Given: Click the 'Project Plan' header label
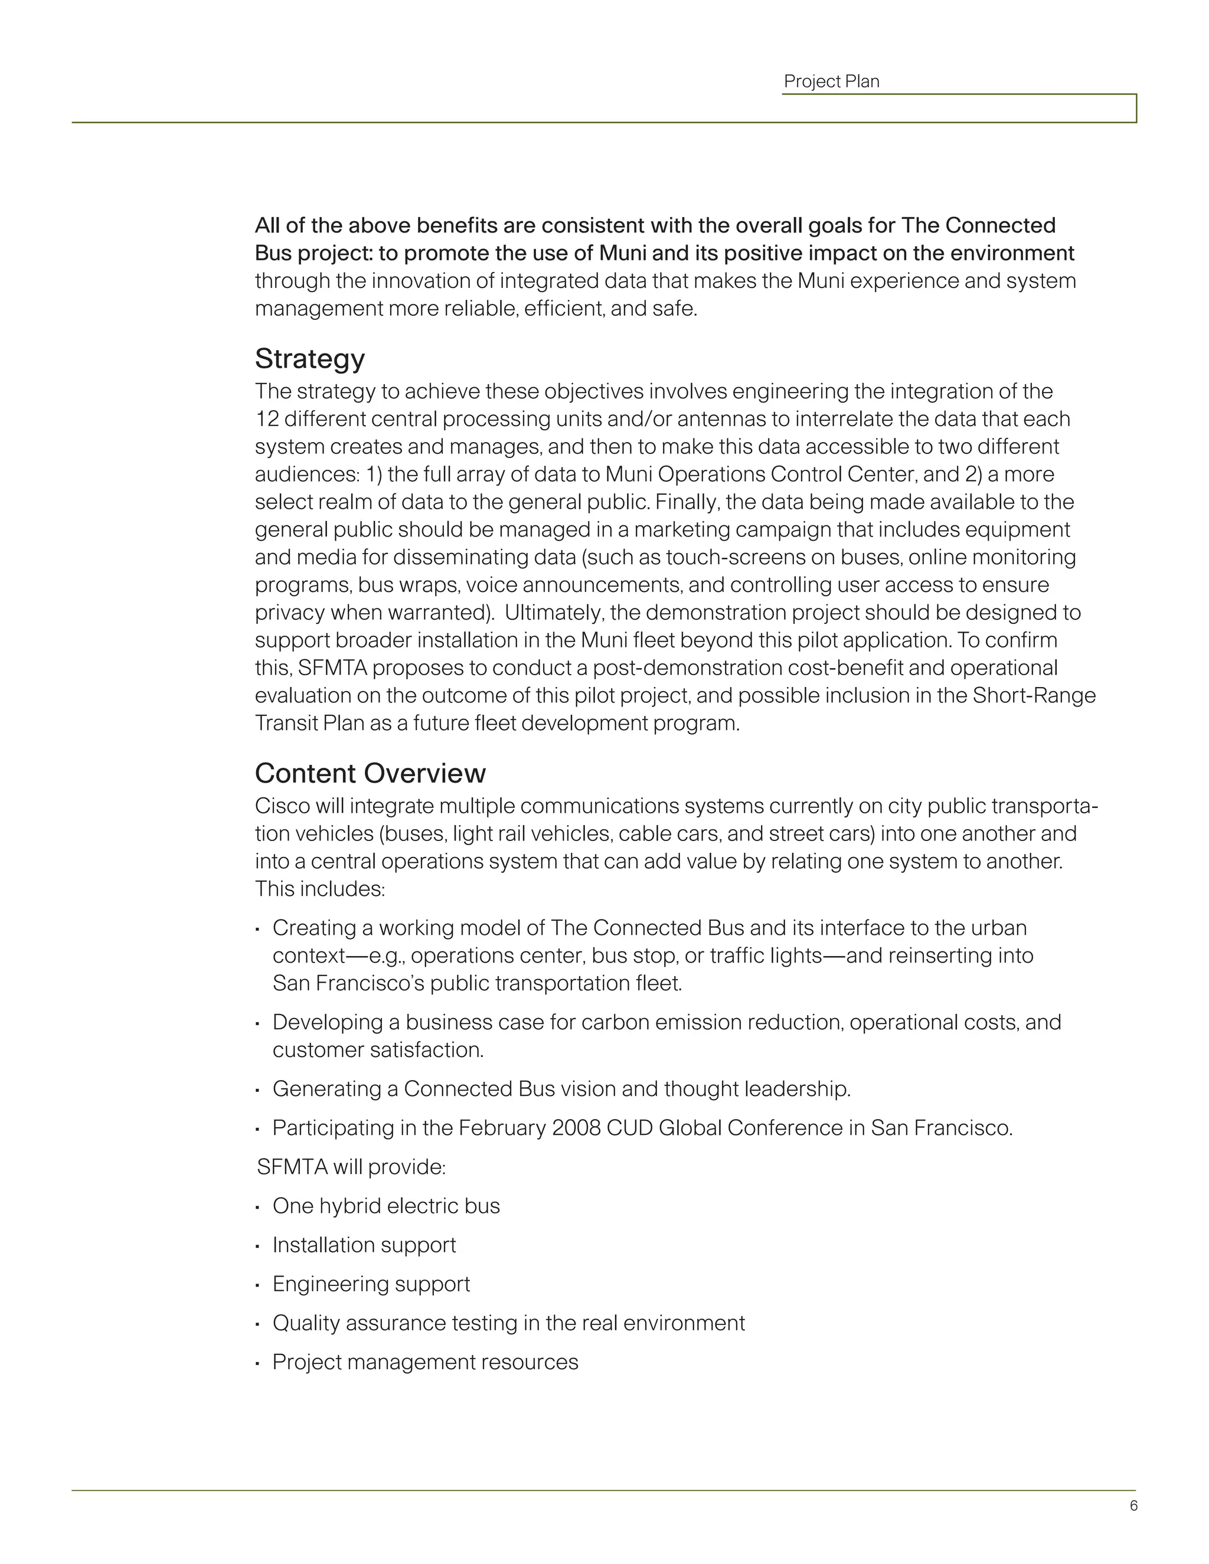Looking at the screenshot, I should coord(831,81).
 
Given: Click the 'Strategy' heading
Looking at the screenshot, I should coord(309,359).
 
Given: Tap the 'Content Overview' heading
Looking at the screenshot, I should coord(370,773).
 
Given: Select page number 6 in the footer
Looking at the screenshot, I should coord(1133,1506).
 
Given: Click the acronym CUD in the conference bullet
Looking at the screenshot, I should coord(629,1128).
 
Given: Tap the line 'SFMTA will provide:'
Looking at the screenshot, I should coord(351,1167).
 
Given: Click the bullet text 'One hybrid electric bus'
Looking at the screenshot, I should coord(385,1206).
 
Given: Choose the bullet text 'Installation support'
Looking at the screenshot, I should coord(364,1245).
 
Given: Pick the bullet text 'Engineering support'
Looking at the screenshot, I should coord(371,1284).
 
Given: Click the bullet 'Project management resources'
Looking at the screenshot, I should coord(424,1362).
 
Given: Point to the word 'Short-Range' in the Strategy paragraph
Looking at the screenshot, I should coord(1034,696).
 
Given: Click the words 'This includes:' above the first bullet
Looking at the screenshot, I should coord(319,889).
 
